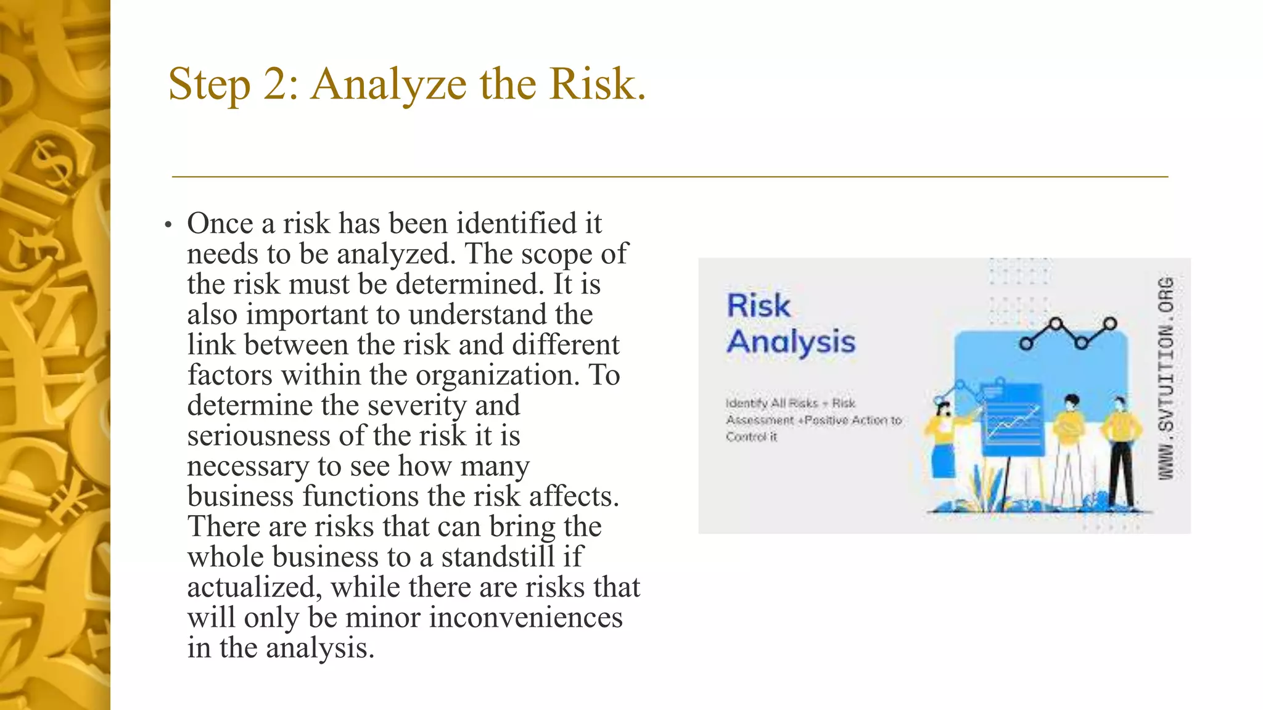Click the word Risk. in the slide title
point(597,84)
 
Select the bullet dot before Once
point(168,225)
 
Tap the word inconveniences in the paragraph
point(525,618)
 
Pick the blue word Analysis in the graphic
point(791,342)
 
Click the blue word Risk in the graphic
point(758,306)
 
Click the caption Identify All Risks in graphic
point(790,403)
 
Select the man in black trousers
point(1121,450)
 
